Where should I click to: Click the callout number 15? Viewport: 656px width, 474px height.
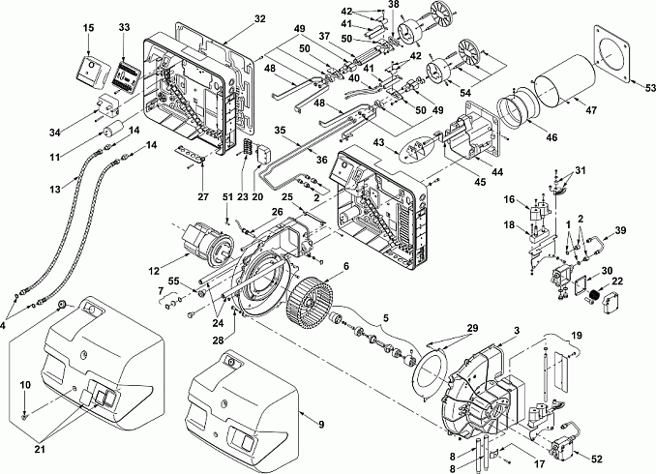[x=88, y=28]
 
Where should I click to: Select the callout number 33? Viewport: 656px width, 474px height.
[x=124, y=27]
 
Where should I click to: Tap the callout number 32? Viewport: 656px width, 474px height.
[x=260, y=18]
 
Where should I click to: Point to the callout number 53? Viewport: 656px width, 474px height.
[x=650, y=88]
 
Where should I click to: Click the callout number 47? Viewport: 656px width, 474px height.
[x=591, y=110]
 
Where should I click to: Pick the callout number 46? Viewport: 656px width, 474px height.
[x=552, y=136]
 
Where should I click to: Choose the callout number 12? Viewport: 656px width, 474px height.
[x=154, y=271]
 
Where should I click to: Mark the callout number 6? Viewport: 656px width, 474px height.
[x=345, y=266]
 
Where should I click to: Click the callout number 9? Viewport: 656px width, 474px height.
[x=321, y=425]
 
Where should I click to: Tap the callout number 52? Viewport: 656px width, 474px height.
[x=597, y=459]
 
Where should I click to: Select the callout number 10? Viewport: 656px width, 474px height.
[x=25, y=384]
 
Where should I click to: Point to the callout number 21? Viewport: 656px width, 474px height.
[x=40, y=449]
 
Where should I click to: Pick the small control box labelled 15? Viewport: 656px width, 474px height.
[x=92, y=72]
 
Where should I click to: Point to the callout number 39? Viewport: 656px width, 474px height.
[x=620, y=230]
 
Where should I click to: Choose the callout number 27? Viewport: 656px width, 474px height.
[x=203, y=196]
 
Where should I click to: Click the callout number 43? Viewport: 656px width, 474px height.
[x=378, y=142]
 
